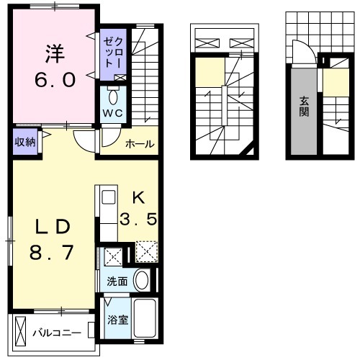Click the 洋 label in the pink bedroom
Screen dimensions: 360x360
click(55, 54)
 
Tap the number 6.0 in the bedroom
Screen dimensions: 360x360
click(55, 80)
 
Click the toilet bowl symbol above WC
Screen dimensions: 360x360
click(113, 97)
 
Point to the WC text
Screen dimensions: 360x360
click(113, 113)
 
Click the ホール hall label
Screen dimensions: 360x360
click(140, 144)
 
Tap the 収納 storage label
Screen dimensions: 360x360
click(25, 142)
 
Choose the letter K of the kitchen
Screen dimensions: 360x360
click(139, 199)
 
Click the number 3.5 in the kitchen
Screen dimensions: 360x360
click(139, 219)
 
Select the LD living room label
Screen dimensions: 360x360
click(53, 228)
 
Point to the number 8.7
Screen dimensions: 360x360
click(51, 253)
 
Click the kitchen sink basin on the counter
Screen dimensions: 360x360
click(108, 197)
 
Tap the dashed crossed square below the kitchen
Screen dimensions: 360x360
click(147, 251)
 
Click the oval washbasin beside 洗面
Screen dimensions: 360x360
click(142, 281)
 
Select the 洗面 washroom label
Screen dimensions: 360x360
click(117, 282)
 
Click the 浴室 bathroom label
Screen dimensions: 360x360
click(117, 320)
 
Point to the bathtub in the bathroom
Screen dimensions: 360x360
click(145, 318)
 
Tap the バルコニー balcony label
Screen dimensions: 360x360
click(57, 333)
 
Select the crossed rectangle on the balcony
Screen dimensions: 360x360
click(20, 331)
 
